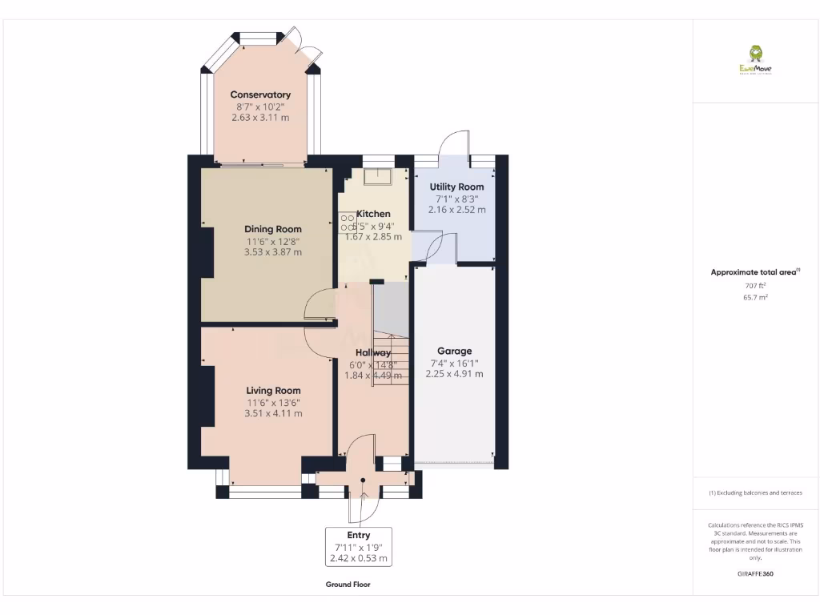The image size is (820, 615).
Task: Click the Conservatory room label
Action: pos(260,94)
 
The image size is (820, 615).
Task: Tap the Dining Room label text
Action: pos(273,229)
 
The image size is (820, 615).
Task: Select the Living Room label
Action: pos(273,391)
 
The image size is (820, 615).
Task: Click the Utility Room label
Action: pos(456,187)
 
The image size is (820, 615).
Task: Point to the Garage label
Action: pos(454,351)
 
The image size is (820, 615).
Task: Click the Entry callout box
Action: pos(359,547)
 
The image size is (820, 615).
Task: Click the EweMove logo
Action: pos(755,60)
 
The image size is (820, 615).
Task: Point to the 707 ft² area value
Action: pos(755,285)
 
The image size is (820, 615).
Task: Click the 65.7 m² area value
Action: pos(755,297)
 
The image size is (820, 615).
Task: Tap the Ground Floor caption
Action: pos(348,585)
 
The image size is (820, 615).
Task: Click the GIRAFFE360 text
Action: pos(755,574)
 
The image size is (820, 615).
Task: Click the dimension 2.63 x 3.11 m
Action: pos(260,118)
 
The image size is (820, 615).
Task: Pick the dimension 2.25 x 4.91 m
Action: pos(454,373)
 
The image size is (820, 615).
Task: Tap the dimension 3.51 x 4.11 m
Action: pos(273,413)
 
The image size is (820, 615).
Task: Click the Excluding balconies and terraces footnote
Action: pos(755,493)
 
